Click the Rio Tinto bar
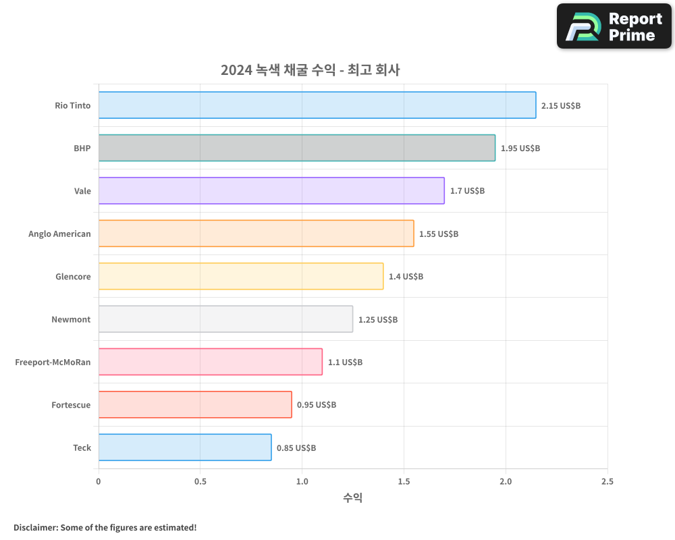[317, 105]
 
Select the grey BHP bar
[297, 148]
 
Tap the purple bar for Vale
[271, 190]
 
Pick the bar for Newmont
[225, 319]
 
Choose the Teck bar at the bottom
[185, 448]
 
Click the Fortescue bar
[195, 404]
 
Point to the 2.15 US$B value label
[561, 106]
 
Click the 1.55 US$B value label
[439, 234]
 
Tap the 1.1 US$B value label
[345, 362]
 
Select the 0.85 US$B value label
[296, 448]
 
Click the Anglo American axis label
[59, 234]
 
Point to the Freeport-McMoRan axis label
[53, 362]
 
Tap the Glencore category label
[73, 277]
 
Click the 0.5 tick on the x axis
[200, 482]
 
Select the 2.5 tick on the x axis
[607, 482]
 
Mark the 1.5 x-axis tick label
[404, 482]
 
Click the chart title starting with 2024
[310, 70]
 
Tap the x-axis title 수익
[352, 498]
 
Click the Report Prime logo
[614, 26]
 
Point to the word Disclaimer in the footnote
[34, 527]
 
